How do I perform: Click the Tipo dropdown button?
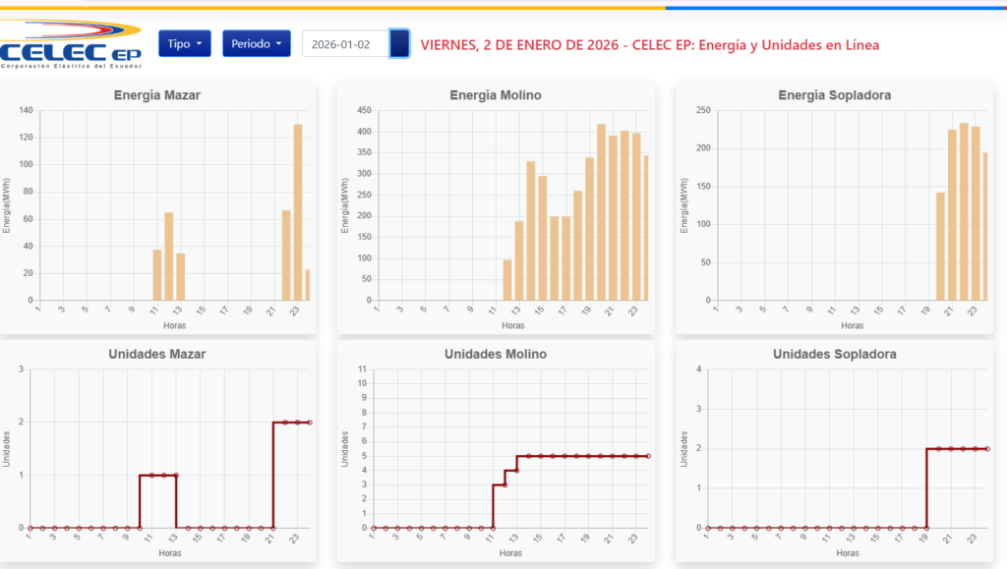pos(185,44)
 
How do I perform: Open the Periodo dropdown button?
pos(256,44)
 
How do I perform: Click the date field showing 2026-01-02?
pos(345,44)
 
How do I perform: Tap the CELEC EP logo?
pos(72,44)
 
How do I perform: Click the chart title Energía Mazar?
pos(157,95)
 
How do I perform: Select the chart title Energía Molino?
pos(495,95)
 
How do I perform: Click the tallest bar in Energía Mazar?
pos(298,211)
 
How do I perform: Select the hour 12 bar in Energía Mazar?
pos(169,256)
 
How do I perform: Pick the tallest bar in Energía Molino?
pos(601,211)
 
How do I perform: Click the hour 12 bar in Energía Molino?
pos(507,279)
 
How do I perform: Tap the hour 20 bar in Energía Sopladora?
pos(940,246)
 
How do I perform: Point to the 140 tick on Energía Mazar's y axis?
pos(26,110)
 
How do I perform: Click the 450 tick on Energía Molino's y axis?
pos(364,110)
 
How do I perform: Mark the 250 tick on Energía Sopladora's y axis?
pos(703,110)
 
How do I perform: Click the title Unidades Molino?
pos(495,354)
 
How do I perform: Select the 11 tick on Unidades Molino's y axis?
pos(363,370)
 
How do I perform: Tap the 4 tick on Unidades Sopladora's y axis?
pos(698,370)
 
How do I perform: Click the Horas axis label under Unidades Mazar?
pos(169,553)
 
